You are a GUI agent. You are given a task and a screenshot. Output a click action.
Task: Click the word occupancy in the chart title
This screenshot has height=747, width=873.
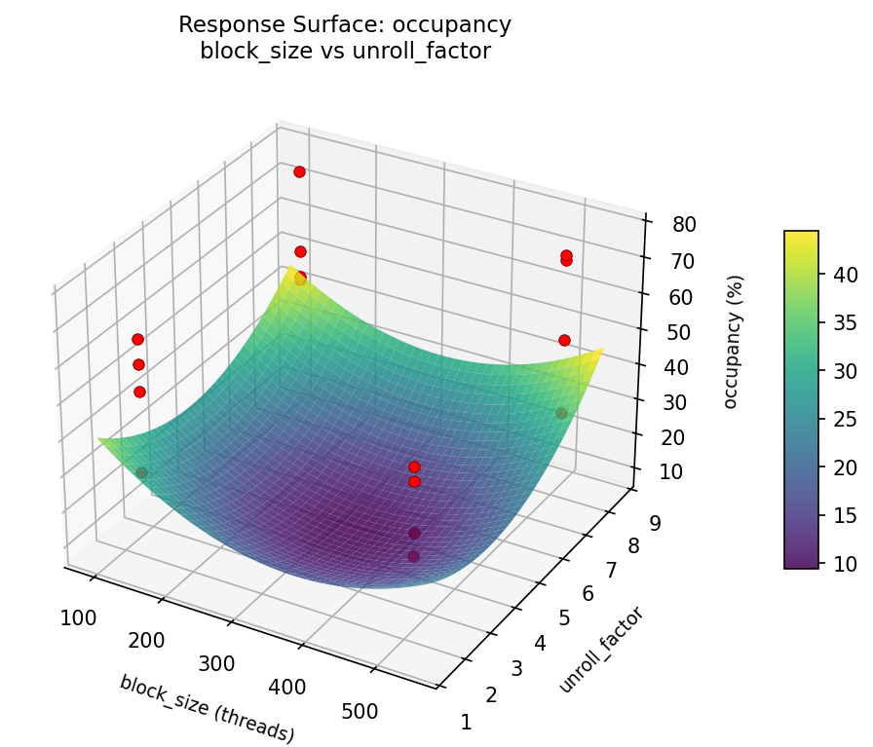[461, 25]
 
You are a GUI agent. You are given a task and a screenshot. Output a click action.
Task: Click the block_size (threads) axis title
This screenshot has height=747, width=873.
[207, 709]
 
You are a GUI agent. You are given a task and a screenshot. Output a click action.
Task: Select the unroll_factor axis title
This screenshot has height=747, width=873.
[602, 650]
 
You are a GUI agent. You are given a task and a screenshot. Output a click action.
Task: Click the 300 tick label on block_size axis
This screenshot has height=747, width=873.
[216, 663]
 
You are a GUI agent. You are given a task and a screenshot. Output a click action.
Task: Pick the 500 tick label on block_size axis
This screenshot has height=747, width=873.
[361, 712]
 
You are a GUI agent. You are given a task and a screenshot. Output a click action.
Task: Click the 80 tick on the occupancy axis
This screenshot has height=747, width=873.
[682, 224]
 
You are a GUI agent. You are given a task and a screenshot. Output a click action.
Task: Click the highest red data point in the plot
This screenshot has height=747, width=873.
[299, 171]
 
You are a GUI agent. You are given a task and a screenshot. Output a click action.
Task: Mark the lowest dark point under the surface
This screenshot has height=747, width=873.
[413, 556]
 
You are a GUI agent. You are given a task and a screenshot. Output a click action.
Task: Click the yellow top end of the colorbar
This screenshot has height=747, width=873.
[801, 235]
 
